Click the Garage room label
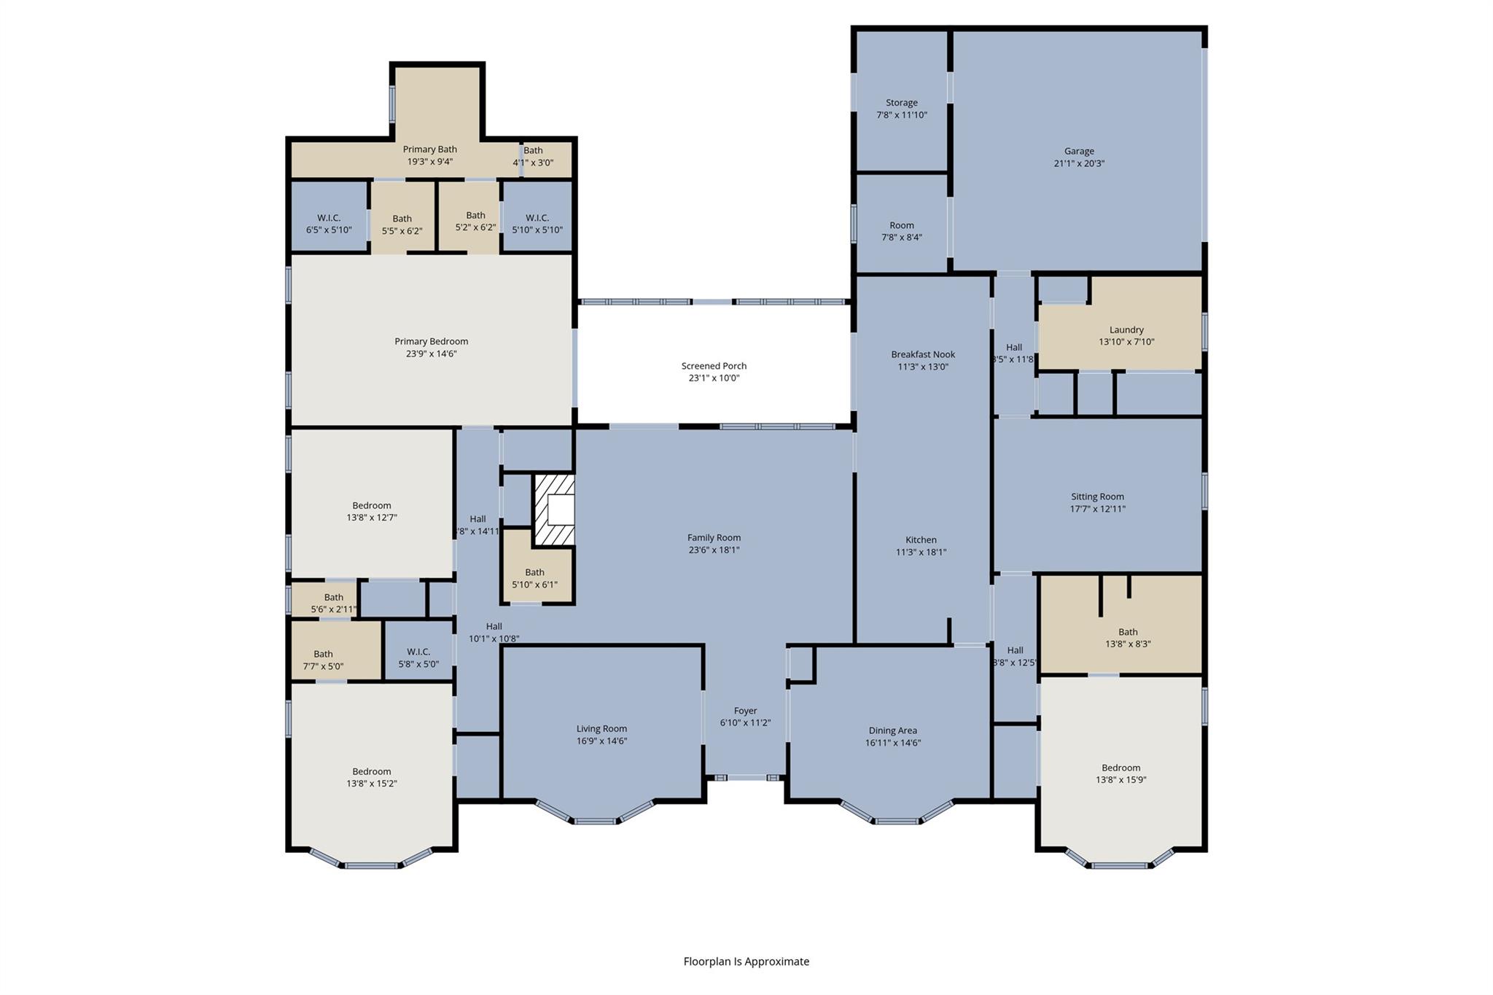[1078, 152]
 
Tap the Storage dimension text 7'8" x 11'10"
[902, 115]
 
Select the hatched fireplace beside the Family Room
[554, 510]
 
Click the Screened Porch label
[714, 366]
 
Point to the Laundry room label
[1126, 329]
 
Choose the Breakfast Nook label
[923, 355]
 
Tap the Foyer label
[745, 711]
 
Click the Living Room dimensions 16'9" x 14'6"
[601, 741]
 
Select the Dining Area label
[892, 730]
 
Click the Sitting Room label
[1097, 496]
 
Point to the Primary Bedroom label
[431, 341]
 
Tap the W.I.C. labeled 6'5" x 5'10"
[329, 224]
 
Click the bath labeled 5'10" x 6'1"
[534, 578]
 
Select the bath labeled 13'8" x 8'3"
[1128, 638]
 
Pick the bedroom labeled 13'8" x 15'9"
[1120, 773]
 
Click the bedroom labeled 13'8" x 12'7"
[372, 511]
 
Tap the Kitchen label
[921, 540]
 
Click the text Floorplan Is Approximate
[746, 961]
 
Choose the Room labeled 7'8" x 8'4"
[902, 231]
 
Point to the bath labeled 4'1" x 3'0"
[533, 156]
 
